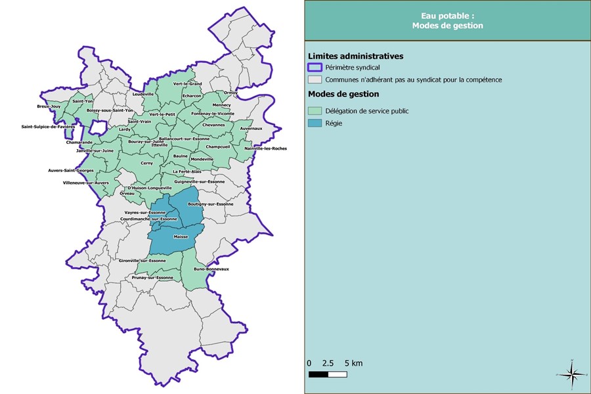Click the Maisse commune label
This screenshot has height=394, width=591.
coord(181,236)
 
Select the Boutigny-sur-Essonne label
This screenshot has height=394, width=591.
coord(210,204)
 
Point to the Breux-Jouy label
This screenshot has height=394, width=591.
coord(49,106)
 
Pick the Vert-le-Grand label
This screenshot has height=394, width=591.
coord(187,84)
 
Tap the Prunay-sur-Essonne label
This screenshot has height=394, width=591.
coord(151,278)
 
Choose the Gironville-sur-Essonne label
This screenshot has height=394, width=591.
coord(142,261)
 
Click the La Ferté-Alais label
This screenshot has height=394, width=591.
coord(186,172)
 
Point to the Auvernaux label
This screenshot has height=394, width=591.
coord(251,128)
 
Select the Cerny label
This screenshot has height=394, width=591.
coord(146,163)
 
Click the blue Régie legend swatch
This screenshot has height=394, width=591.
coord(315,123)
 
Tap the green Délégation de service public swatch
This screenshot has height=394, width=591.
coord(315,111)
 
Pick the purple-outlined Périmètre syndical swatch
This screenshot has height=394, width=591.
coord(315,68)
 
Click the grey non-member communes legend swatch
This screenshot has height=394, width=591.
coord(315,79)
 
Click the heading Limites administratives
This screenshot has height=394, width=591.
coord(355,56)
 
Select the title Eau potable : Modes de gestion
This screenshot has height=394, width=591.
coord(447,20)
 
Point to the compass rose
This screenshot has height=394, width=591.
coord(572,374)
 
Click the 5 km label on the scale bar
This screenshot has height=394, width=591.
coord(352,363)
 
